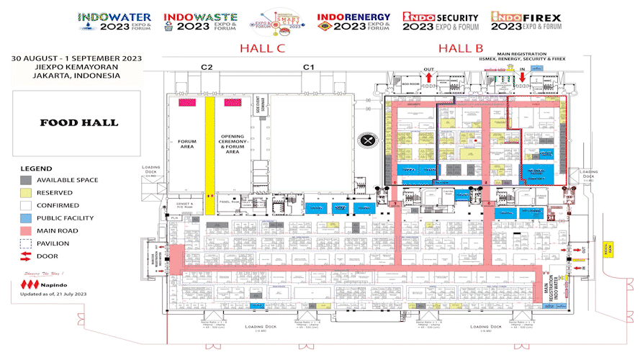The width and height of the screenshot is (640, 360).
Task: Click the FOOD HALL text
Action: [x=79, y=122]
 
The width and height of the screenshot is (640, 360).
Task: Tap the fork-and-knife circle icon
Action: [x=370, y=140]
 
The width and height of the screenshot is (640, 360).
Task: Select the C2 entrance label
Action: [x=207, y=67]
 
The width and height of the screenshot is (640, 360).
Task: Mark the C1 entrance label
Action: [x=309, y=67]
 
